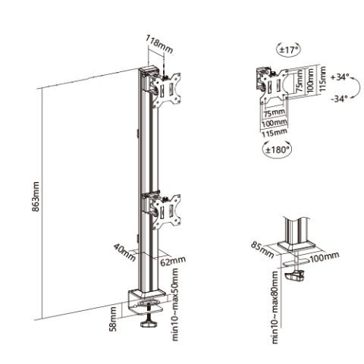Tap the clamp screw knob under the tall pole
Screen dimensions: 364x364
(149, 326)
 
